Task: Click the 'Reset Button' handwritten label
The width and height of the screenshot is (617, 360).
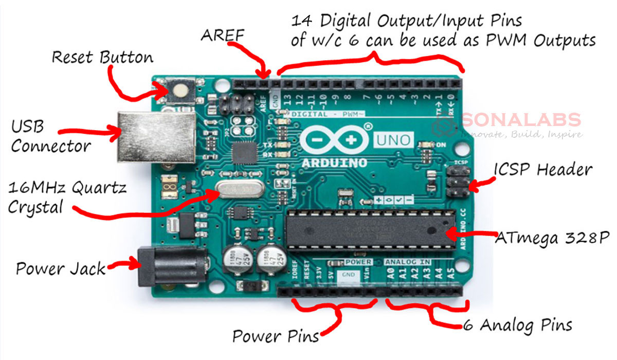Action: [102, 57]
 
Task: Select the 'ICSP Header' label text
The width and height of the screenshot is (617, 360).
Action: [543, 169]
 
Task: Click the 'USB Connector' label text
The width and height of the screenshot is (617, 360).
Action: [50, 136]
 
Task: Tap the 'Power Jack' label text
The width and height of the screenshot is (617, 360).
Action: [60, 268]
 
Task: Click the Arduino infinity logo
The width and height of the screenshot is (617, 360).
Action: [335, 139]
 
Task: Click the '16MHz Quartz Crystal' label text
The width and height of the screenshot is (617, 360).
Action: [67, 197]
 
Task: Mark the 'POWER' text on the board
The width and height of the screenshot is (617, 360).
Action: [358, 262]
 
